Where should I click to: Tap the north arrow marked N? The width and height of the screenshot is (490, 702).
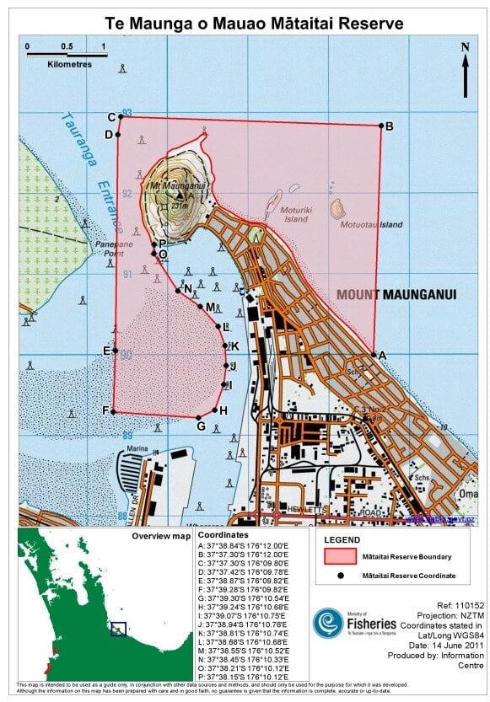[465, 68]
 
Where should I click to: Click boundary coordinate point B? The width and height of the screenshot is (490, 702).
[381, 126]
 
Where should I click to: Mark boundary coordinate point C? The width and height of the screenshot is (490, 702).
[119, 117]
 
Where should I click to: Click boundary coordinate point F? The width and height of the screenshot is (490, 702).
[114, 412]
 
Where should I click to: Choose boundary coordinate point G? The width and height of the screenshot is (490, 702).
[199, 417]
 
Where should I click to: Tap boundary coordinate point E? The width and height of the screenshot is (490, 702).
[116, 351]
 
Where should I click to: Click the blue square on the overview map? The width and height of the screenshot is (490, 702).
[118, 629]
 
